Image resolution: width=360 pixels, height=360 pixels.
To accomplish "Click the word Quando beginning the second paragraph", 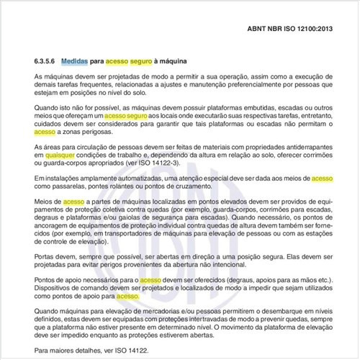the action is point(46,106).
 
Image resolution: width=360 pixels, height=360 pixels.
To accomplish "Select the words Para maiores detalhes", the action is point(66,349).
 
